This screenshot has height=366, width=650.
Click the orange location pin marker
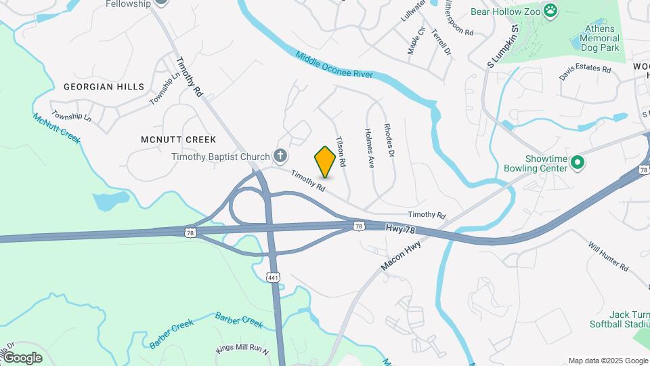325,161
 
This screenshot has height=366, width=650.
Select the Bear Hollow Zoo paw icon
552,10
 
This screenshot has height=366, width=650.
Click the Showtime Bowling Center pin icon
578,162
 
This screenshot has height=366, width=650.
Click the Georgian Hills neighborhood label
104,87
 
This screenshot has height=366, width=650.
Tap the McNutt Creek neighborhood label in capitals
178,140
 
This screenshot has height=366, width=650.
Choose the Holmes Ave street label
370,148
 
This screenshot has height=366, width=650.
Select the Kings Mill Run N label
242,350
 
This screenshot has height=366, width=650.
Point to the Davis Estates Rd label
585,72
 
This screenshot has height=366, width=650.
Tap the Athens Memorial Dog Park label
599,39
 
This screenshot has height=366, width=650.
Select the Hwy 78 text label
400,229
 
